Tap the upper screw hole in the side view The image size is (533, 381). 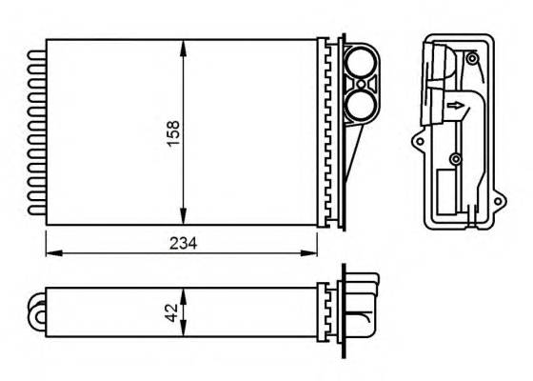coord(472,59)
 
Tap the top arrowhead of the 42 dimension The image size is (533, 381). coord(184,292)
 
